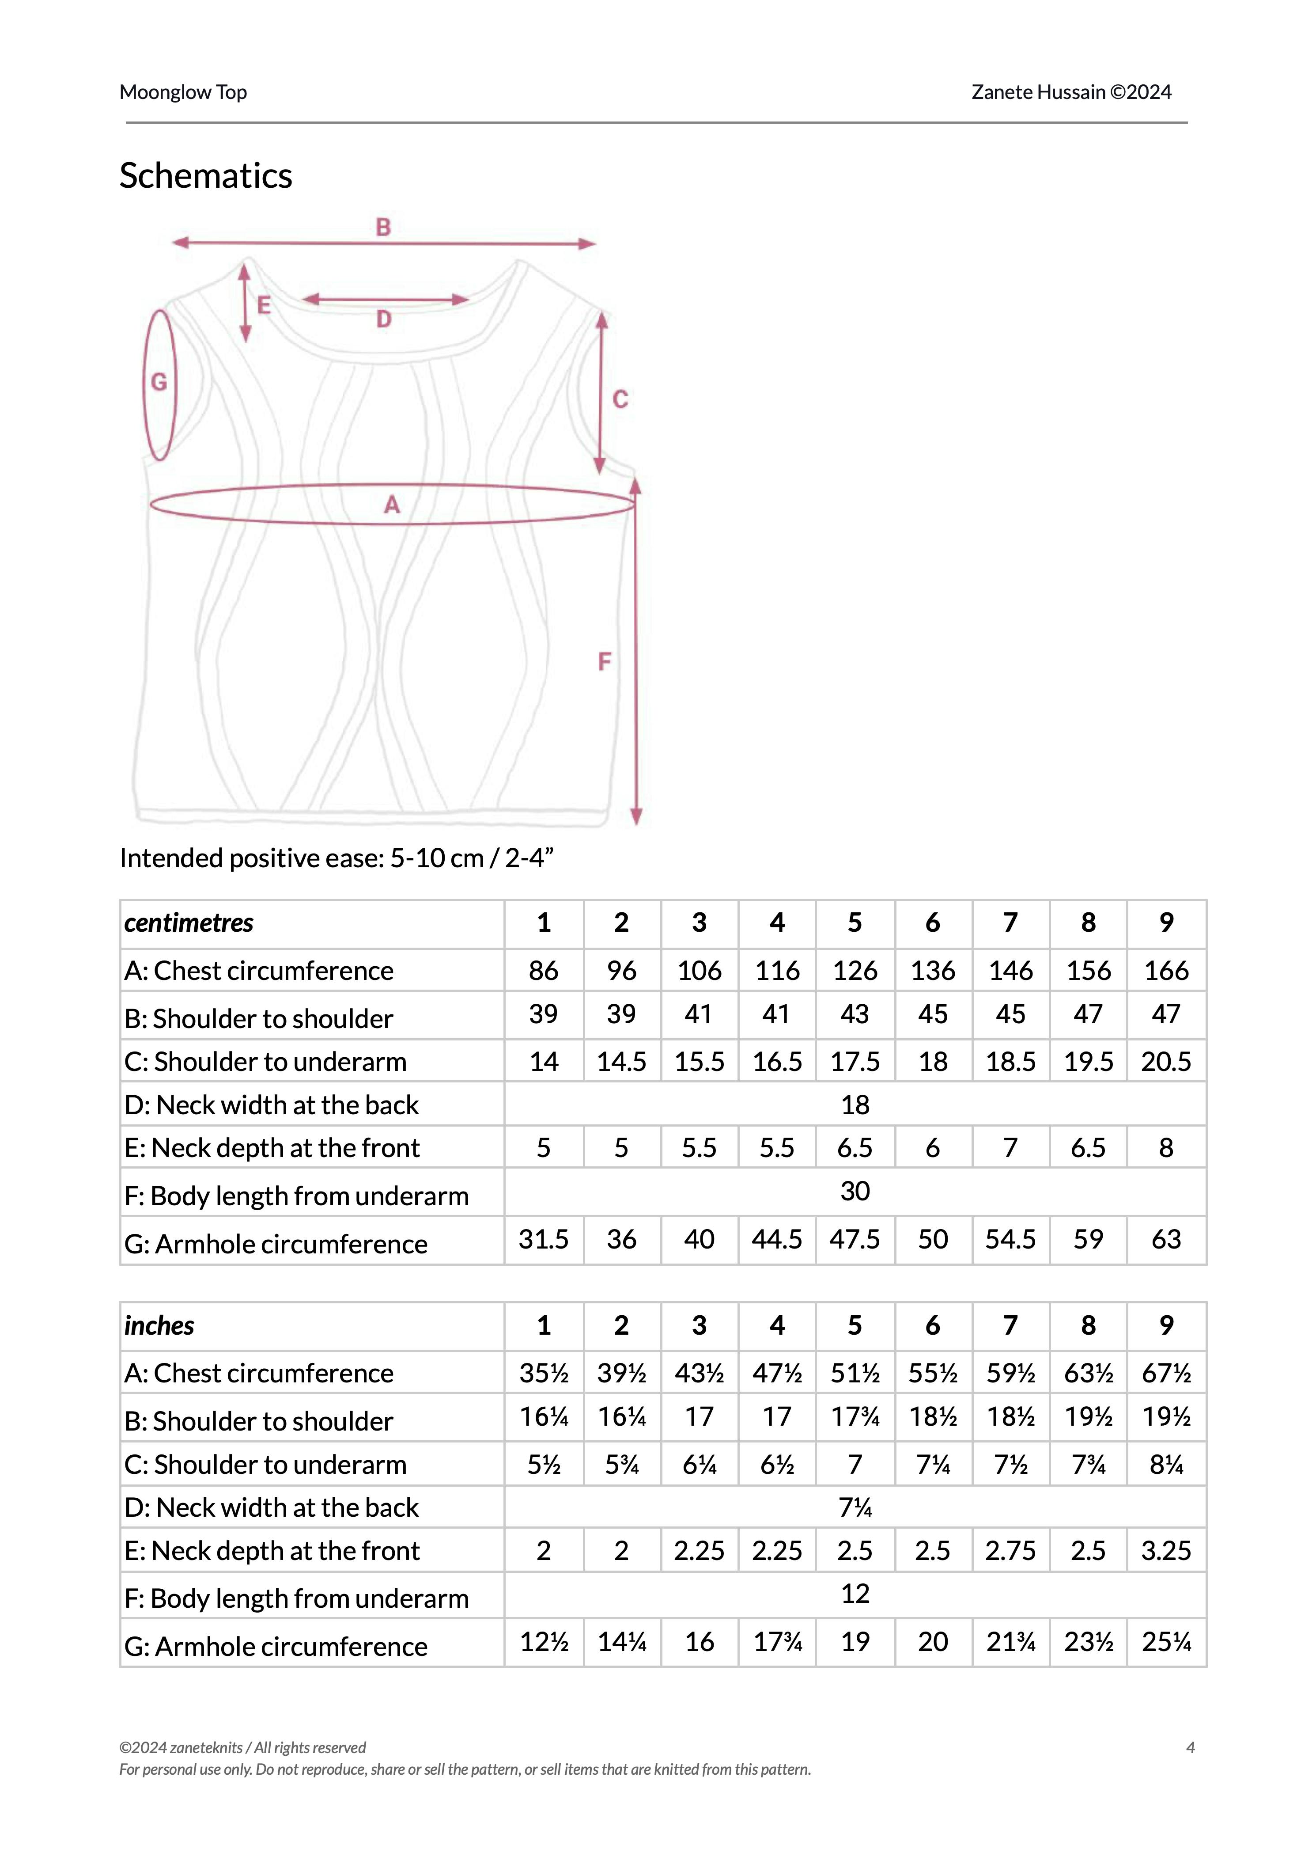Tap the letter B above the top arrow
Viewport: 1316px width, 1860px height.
point(383,227)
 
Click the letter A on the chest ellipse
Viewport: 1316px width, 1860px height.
point(391,505)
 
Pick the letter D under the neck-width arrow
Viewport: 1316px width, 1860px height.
point(384,319)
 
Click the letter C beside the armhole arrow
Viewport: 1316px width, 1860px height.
point(620,399)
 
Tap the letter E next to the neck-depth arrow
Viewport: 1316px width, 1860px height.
point(263,306)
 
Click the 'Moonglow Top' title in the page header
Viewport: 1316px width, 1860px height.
point(183,92)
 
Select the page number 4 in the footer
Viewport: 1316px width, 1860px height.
point(1191,1747)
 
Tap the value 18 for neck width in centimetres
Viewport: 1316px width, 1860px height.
point(855,1105)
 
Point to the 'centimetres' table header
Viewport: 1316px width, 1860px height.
point(189,922)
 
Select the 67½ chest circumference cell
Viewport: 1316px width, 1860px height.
point(1166,1373)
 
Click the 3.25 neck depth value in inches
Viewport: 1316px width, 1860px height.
point(1166,1550)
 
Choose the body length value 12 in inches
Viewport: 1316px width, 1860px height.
point(855,1593)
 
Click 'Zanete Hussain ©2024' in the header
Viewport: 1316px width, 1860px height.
point(1071,92)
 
